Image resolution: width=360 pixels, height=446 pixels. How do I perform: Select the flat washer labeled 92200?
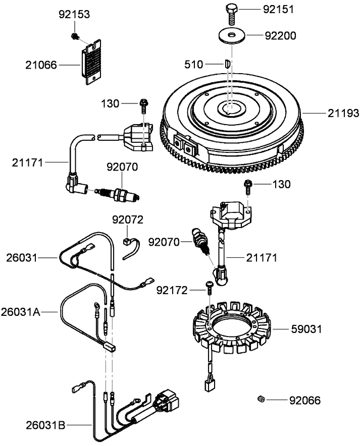(x=230, y=36)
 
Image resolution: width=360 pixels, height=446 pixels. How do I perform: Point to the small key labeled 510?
(x=227, y=64)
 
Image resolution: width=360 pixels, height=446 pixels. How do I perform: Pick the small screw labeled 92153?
(x=75, y=35)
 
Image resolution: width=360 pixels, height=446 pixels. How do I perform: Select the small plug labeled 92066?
(x=261, y=400)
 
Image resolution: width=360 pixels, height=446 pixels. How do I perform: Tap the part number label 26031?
(x=22, y=258)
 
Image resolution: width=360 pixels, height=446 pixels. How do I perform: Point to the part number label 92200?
(x=282, y=36)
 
